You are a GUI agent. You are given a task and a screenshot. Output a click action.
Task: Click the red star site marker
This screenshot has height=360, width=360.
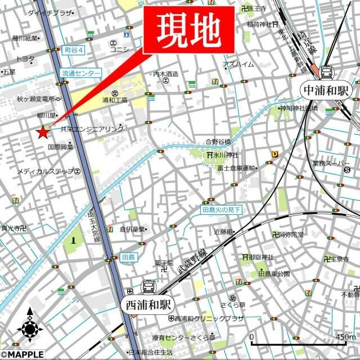[42, 133]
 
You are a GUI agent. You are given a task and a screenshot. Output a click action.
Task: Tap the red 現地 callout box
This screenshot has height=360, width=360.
[188, 29]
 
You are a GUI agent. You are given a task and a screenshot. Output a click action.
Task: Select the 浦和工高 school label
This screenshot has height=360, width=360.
[115, 100]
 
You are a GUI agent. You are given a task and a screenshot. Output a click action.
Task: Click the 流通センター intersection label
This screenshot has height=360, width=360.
[81, 73]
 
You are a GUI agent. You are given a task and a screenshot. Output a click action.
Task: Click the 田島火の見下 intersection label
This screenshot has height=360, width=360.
[222, 210]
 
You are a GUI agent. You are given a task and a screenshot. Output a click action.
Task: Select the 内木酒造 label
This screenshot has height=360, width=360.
[165, 74]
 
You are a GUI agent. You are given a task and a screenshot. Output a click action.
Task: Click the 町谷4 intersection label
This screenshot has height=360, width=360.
[73, 49]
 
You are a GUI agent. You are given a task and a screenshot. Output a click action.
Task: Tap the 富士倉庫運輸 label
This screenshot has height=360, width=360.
[236, 168]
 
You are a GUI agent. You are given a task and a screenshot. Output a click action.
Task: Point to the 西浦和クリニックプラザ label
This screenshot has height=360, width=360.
[209, 318]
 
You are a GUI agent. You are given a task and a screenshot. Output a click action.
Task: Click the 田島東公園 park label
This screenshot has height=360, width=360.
[274, 273]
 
